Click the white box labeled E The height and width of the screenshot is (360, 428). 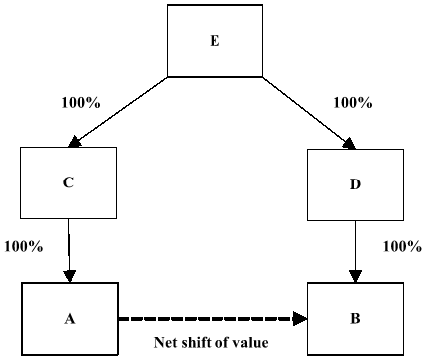[x=214, y=41]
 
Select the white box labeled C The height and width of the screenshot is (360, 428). [x=68, y=182]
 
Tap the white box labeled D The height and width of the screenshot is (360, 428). [x=355, y=184]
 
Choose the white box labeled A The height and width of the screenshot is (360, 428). [x=70, y=319]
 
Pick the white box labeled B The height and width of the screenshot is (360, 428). [x=355, y=319]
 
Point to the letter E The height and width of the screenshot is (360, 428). [x=214, y=41]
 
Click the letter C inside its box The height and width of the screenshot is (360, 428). [x=68, y=182]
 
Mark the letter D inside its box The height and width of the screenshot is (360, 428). [x=355, y=184]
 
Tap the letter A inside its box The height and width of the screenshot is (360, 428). [x=70, y=319]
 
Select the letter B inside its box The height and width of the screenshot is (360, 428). [x=355, y=319]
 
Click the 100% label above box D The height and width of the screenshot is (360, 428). [x=352, y=103]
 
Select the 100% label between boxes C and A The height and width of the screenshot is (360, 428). [x=24, y=247]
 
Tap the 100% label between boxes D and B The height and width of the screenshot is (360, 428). [x=402, y=247]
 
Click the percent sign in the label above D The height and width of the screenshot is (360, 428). [x=365, y=103]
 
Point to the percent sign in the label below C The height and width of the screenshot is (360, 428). [x=37, y=247]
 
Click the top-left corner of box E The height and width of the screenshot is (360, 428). [x=169, y=7]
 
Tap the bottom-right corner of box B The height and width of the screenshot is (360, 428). [x=402, y=353]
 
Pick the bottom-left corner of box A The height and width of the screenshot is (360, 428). [x=24, y=353]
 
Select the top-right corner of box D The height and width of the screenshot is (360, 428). [x=402, y=151]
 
